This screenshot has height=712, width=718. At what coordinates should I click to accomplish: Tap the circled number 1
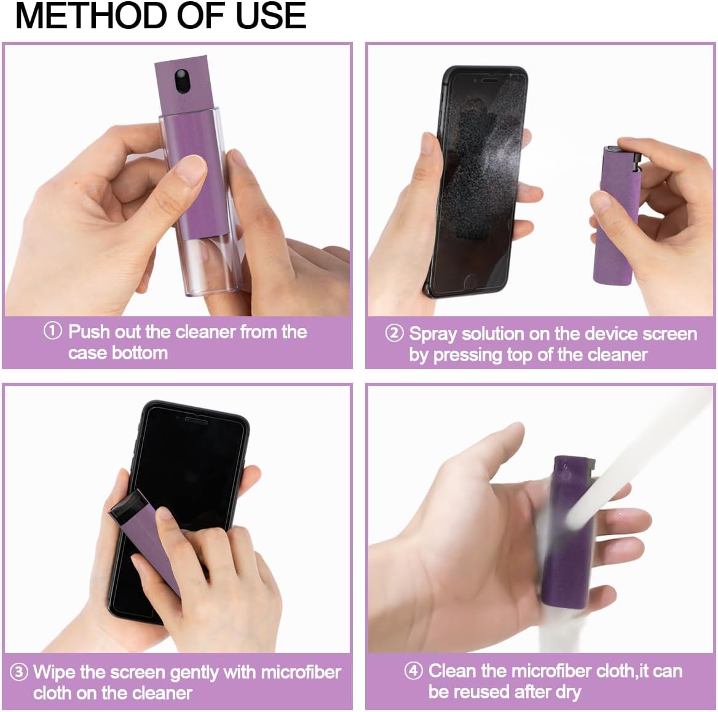pos(53,331)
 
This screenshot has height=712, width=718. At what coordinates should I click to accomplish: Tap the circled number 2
pos(394,333)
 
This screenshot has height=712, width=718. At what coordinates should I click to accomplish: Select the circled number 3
pos(19,671)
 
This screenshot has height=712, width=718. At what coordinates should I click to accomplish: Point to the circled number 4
pos(413,670)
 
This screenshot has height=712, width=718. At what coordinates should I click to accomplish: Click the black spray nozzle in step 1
pos(182,81)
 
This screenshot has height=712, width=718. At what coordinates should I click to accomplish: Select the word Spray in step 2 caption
pos(433,334)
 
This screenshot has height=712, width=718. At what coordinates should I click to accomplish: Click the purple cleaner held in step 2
pos(614,228)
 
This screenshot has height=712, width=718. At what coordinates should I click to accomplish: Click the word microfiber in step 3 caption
pos(301,671)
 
